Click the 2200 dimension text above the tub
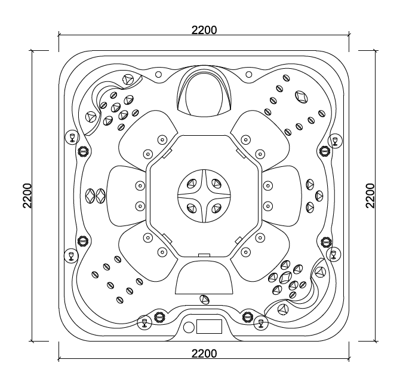point(204,30)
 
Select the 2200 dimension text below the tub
point(204,354)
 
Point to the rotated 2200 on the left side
point(27,196)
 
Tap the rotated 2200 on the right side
point(370,196)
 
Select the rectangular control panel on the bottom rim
point(209,327)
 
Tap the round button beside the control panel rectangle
point(189,327)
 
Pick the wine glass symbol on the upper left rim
point(72,138)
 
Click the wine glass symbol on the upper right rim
point(334,141)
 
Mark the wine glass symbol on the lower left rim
point(71,256)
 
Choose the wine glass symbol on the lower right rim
point(334,254)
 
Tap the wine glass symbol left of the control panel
point(144,324)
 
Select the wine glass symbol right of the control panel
point(260,324)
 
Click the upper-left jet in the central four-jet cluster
point(192,182)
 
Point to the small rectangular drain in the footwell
point(204,255)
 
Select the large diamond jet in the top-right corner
point(301,96)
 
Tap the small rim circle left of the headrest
point(158,75)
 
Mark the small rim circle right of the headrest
point(250,75)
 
